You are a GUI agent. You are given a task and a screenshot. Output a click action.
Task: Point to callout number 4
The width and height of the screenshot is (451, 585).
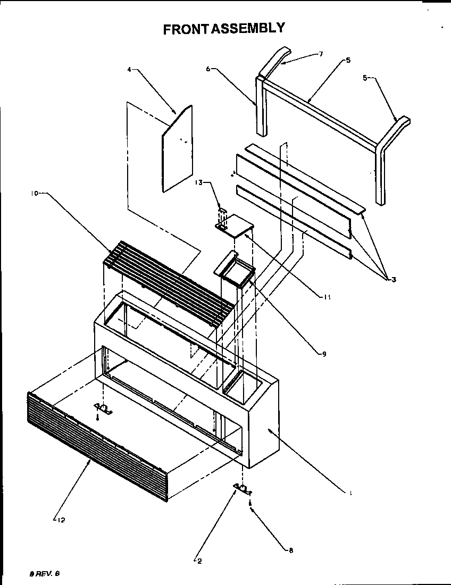[129, 69]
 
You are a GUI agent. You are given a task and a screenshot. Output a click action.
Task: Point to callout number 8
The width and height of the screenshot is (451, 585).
[290, 551]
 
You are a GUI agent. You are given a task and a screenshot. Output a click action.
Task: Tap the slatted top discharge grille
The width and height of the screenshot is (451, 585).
[170, 279]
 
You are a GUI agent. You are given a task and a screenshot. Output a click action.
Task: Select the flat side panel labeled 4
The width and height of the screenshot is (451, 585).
[177, 149]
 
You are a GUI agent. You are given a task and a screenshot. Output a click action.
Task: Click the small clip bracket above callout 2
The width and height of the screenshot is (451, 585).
[241, 488]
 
